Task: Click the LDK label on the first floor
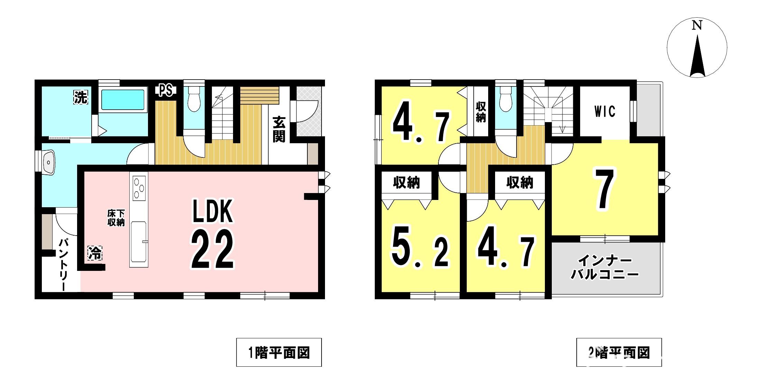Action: [x=213, y=210]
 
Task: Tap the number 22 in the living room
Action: [x=213, y=249]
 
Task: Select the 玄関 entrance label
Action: [x=279, y=129]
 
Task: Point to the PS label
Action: [x=166, y=90]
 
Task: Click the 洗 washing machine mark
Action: [x=81, y=97]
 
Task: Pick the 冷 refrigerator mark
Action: [x=95, y=253]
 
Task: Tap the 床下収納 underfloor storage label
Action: [x=116, y=218]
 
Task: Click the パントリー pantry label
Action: [x=64, y=264]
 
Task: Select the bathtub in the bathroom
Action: [x=123, y=100]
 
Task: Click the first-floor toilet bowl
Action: [x=194, y=99]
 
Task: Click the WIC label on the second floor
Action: [x=605, y=111]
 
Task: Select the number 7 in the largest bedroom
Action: [x=604, y=189]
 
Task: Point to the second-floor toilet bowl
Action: [x=506, y=99]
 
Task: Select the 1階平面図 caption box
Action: [x=279, y=352]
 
